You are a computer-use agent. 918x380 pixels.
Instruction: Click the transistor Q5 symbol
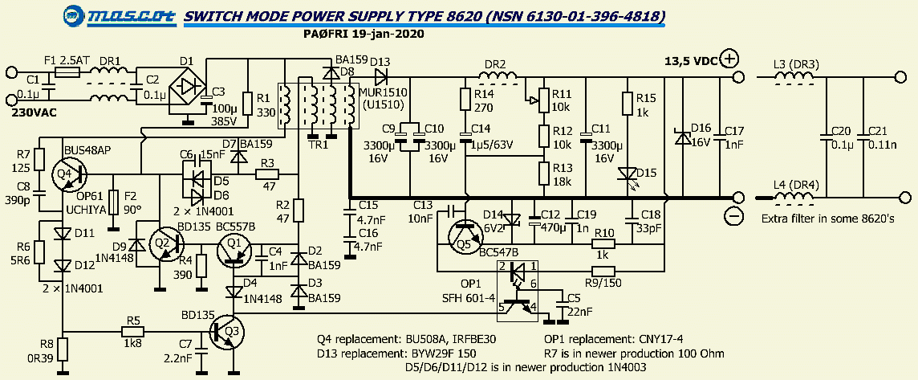463,233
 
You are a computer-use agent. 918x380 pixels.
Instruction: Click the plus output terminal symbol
729,58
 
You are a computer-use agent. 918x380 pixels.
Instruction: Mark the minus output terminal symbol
732,215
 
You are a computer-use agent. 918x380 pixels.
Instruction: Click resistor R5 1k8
132,330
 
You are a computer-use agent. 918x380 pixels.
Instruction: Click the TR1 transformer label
319,145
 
